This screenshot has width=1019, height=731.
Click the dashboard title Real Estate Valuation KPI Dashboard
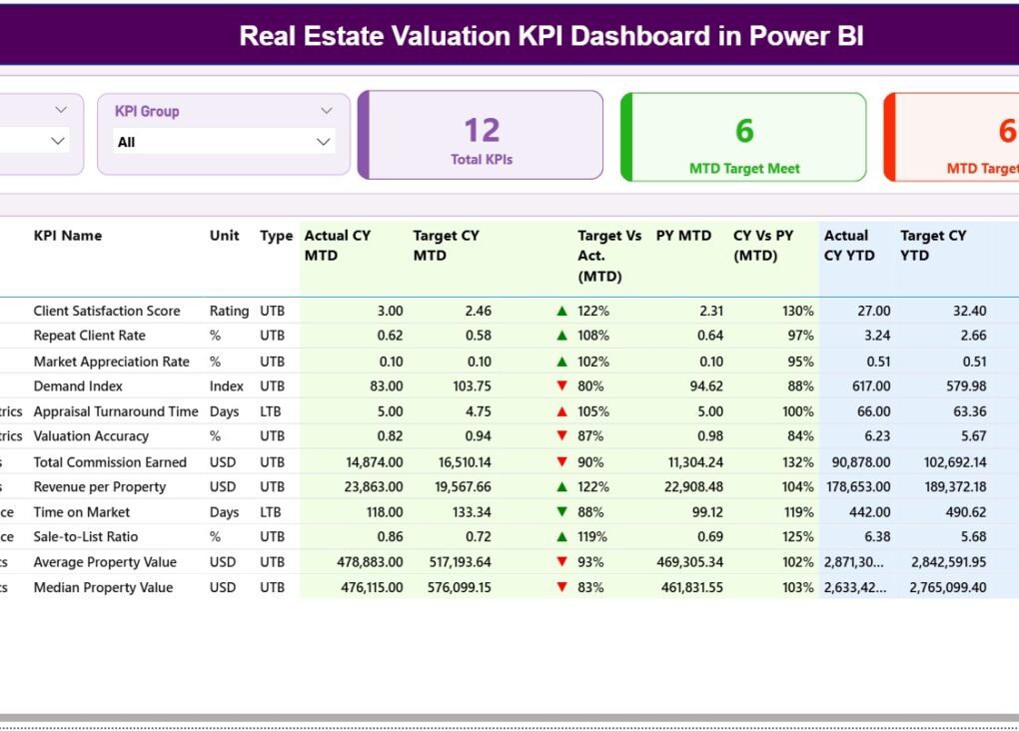[x=551, y=37]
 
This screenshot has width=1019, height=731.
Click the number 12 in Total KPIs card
[x=482, y=130]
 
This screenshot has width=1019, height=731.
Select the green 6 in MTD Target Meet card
[x=744, y=131]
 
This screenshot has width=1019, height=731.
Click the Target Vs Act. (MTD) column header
[x=609, y=255]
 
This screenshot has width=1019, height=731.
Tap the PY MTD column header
[x=683, y=236]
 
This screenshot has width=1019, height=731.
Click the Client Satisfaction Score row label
[x=107, y=311]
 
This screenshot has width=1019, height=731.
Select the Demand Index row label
[x=78, y=386]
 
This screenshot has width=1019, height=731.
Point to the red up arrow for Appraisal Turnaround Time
[x=561, y=411]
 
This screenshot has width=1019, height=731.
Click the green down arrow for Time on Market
[x=561, y=512]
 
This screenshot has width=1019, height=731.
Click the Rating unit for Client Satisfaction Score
[x=229, y=311]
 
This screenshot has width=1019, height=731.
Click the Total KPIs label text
[x=482, y=160]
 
